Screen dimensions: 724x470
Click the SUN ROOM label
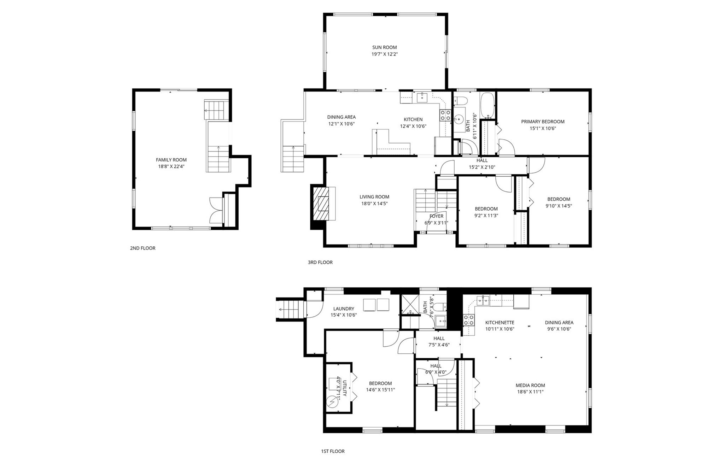click(x=384, y=47)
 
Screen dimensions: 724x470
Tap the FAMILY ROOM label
click(x=171, y=160)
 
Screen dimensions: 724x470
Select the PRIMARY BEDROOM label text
click(x=543, y=122)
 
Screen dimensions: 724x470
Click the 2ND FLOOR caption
click(x=143, y=248)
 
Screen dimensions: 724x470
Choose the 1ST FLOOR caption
click(x=333, y=451)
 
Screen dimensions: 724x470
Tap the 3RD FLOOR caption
click(x=320, y=262)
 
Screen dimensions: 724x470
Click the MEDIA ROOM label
click(x=530, y=386)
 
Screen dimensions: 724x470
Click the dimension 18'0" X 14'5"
click(x=374, y=204)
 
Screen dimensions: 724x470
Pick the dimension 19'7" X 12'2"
click(x=384, y=54)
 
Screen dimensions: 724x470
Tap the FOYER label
click(x=436, y=216)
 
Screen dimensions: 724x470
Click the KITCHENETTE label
click(x=500, y=323)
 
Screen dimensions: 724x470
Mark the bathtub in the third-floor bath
click(x=488, y=105)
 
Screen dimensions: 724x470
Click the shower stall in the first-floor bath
click(x=410, y=304)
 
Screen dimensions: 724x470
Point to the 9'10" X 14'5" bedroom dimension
click(x=559, y=206)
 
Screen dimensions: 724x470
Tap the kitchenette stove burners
click(x=468, y=320)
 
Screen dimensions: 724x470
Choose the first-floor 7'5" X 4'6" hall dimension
click(x=439, y=345)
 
